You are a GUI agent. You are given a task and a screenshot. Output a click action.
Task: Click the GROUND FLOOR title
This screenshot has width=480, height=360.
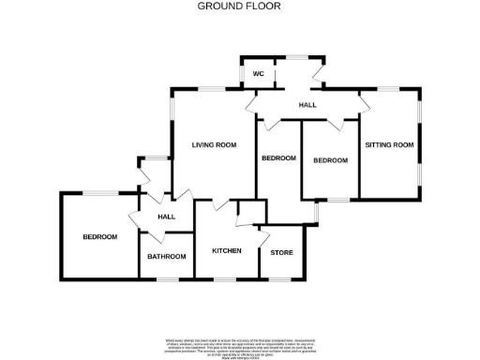click(239, 6)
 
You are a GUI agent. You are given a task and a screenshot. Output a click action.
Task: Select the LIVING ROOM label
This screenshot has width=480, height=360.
click(213, 144)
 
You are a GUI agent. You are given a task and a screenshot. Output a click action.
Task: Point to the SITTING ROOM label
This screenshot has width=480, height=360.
click(389, 144)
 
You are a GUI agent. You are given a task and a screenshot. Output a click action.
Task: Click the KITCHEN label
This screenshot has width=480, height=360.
click(227, 251)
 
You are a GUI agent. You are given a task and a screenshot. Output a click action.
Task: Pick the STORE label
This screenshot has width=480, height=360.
click(281, 253)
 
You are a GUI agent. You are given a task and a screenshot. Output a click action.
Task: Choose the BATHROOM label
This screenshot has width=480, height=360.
click(167, 256)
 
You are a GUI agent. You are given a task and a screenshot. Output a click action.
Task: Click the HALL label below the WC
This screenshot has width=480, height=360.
click(307, 105)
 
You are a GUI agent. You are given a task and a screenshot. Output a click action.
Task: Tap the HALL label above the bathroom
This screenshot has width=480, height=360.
click(167, 217)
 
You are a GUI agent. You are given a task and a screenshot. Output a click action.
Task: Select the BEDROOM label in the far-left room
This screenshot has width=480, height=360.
click(99, 237)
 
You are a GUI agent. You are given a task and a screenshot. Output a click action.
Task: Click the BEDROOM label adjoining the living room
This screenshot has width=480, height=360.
click(278, 158)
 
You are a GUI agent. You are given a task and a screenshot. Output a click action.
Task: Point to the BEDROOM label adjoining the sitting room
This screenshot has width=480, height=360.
click(330, 160)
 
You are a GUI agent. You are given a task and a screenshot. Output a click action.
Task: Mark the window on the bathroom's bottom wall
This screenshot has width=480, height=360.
click(169, 278)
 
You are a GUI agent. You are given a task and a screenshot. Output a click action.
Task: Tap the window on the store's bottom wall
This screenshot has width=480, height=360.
click(281, 278)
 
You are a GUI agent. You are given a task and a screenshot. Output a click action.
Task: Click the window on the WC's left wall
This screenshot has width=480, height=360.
click(242, 74)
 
